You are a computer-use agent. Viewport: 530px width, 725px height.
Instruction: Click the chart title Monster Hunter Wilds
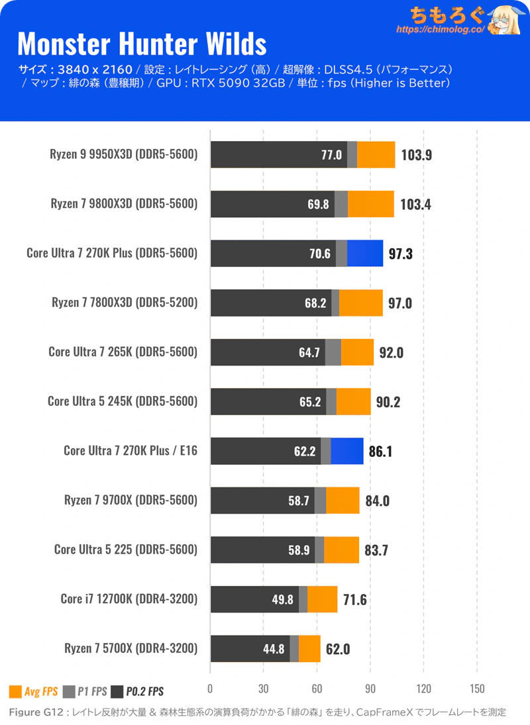pos(142,44)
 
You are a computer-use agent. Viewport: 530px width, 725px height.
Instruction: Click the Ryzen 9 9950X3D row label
pos(123,155)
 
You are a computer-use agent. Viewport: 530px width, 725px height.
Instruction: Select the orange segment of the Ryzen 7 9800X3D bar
pos(370,204)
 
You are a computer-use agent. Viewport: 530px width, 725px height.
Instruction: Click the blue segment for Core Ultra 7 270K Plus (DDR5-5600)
pos(364,253)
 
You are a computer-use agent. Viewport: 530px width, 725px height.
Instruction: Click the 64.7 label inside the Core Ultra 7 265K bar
pos(309,352)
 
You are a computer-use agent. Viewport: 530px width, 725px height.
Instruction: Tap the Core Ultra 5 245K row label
pos(123,401)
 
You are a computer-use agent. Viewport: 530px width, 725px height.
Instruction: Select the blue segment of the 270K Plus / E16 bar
pos(346,451)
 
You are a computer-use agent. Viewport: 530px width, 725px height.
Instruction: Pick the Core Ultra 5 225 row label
pos(126,550)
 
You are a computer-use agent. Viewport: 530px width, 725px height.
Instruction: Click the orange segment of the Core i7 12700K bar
pos(322,599)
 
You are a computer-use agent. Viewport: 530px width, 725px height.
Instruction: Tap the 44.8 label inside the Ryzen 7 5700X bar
pos(274,649)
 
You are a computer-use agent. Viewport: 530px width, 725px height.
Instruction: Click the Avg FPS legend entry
pos(33,692)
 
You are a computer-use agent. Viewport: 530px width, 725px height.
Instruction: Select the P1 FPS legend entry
pos(84,692)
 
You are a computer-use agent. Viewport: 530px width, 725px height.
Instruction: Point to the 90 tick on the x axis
pos(370,687)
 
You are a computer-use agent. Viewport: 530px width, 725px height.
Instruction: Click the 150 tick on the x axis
pos(477,687)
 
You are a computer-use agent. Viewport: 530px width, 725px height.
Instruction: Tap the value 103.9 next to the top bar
pos(417,155)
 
